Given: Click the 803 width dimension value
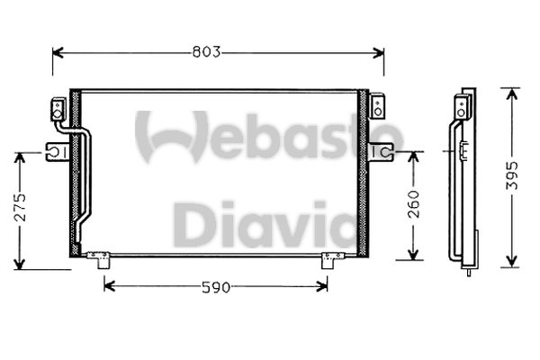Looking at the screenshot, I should (208, 52).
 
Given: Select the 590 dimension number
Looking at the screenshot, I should (217, 287).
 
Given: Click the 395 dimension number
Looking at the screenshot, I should (511, 176).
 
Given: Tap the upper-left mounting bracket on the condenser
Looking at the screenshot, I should (58, 110).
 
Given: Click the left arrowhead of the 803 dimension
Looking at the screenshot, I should (57, 52).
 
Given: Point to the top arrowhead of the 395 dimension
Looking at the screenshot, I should (511, 92).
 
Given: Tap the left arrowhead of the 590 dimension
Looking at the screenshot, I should (109, 287).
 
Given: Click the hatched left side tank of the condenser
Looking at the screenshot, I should (75, 171).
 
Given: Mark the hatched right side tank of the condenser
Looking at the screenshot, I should (364, 171).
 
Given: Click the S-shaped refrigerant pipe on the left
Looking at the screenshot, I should (86, 180).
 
